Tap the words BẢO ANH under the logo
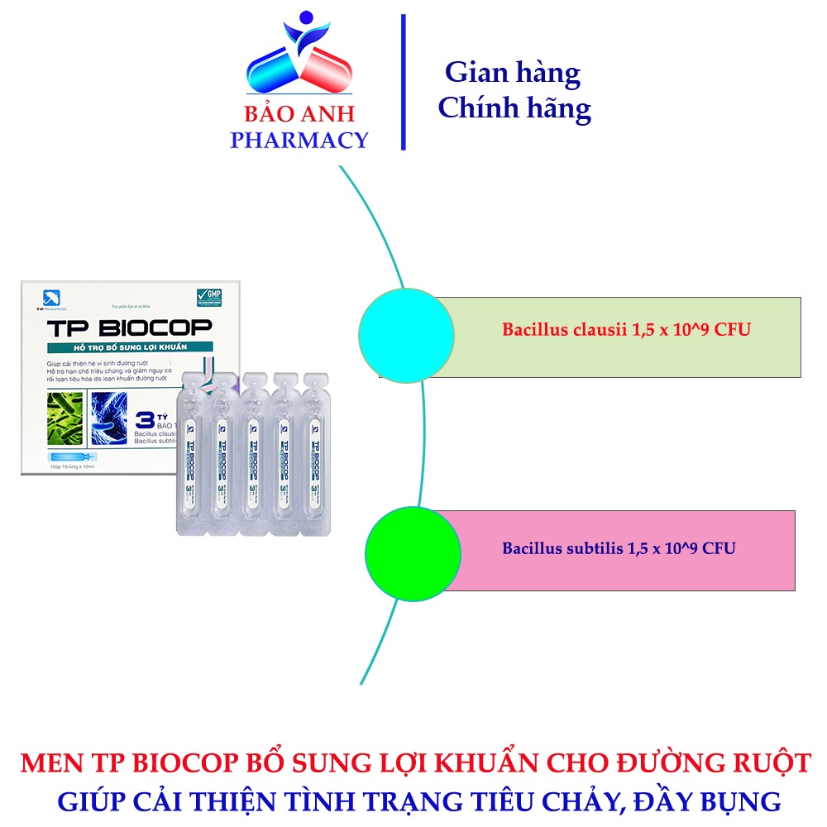point(299,115)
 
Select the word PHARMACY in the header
point(299,140)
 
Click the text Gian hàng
point(513,73)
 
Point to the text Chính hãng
point(514,108)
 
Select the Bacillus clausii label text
point(626,329)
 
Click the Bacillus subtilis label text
point(619,547)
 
